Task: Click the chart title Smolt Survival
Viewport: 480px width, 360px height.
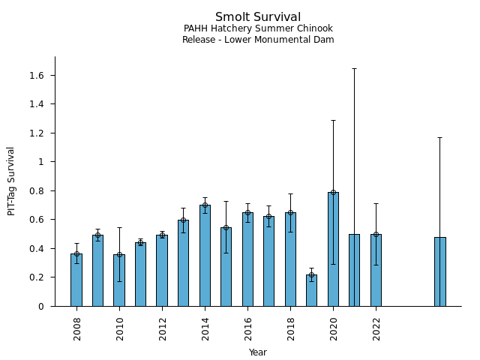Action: click(x=258, y=17)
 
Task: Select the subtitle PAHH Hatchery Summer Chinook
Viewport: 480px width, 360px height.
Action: click(x=258, y=28)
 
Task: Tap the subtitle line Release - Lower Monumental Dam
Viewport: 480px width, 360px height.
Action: click(x=258, y=40)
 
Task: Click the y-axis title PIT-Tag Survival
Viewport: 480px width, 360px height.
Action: click(x=11, y=181)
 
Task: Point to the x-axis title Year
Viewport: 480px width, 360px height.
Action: click(x=258, y=352)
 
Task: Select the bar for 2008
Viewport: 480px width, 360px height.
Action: click(x=76, y=280)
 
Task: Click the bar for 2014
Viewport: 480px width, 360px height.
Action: click(x=205, y=255)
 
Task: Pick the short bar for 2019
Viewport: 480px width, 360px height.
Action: click(x=311, y=290)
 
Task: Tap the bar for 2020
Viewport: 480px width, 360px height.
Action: click(x=333, y=249)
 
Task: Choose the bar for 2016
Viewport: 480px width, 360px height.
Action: click(x=247, y=259)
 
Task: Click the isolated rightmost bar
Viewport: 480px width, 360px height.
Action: click(x=439, y=271)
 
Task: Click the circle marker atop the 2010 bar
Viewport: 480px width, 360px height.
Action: click(x=119, y=254)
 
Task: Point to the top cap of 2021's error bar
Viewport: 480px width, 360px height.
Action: click(x=354, y=68)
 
